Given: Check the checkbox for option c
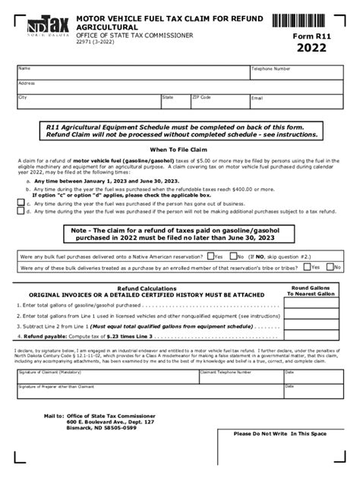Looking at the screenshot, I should (x=21, y=203).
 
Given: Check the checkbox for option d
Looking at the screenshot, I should (x=21, y=212).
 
